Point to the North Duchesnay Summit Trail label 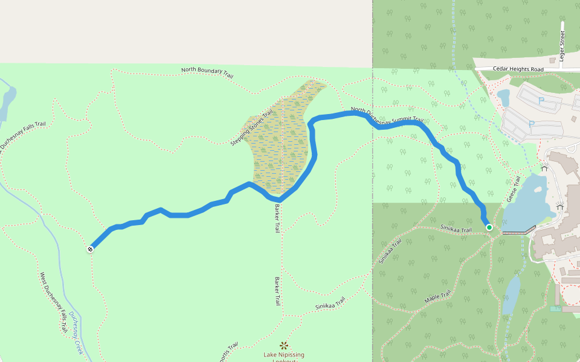point(387,116)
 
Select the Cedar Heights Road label point(518,69)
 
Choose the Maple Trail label point(438,296)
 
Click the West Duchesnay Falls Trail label point(53,302)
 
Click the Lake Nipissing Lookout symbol point(284,346)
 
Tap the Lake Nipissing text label point(284,355)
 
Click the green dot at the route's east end point(489,227)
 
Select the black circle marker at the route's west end point(90,249)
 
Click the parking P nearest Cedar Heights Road point(541,100)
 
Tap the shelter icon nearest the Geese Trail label point(544,168)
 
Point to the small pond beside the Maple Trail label point(511,295)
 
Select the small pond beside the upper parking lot point(503,97)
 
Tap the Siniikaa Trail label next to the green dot point(456,229)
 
